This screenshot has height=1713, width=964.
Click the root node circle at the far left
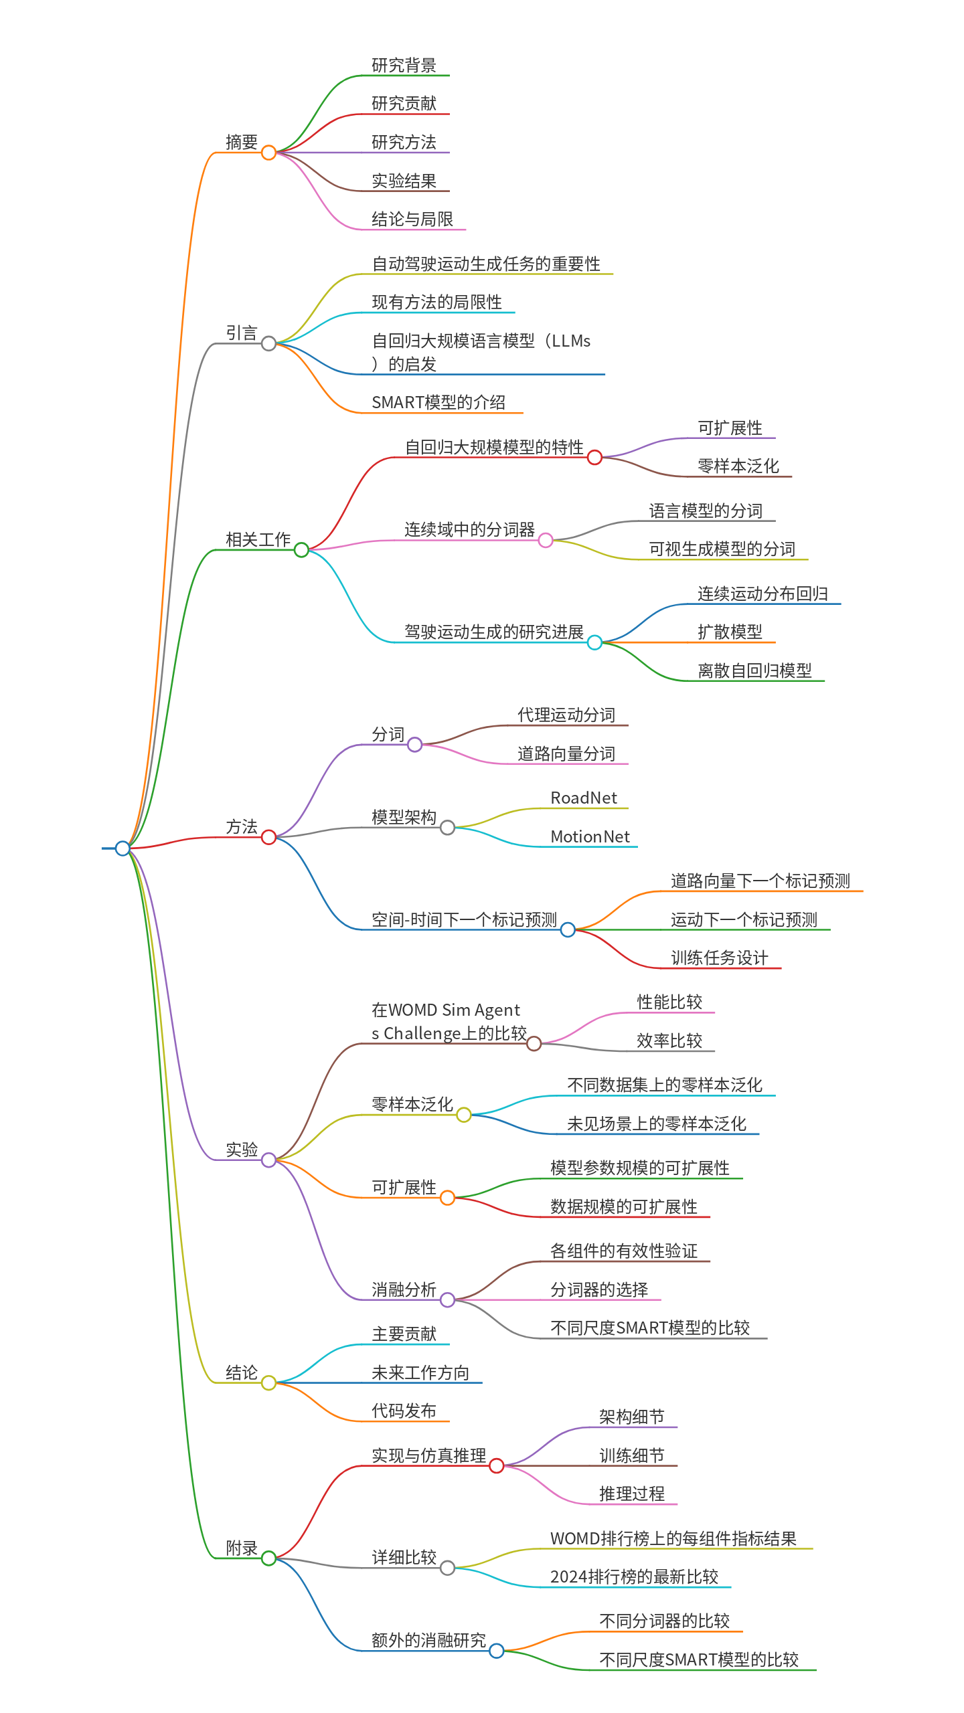click(123, 848)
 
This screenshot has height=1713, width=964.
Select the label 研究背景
click(404, 65)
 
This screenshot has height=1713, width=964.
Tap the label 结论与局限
click(412, 219)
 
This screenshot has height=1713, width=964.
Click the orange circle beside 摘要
click(268, 153)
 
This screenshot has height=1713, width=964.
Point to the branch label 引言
click(241, 333)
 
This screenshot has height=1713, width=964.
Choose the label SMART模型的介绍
click(438, 402)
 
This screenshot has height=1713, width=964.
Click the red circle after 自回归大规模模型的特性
click(594, 458)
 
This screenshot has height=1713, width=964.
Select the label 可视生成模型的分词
click(722, 549)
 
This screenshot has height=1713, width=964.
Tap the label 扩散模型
click(730, 632)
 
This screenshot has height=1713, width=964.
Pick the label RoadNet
click(584, 798)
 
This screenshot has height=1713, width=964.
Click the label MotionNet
click(590, 836)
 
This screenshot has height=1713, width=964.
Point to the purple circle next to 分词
click(415, 744)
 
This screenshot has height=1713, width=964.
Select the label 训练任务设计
click(719, 958)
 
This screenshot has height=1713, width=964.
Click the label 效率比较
click(669, 1041)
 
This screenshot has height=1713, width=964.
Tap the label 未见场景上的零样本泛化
click(656, 1123)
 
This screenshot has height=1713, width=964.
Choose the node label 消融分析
click(404, 1289)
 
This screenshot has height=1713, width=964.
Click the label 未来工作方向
click(420, 1373)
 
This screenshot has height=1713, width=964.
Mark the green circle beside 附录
click(268, 1558)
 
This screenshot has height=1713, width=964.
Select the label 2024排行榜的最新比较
click(634, 1576)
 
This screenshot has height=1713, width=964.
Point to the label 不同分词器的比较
click(664, 1621)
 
